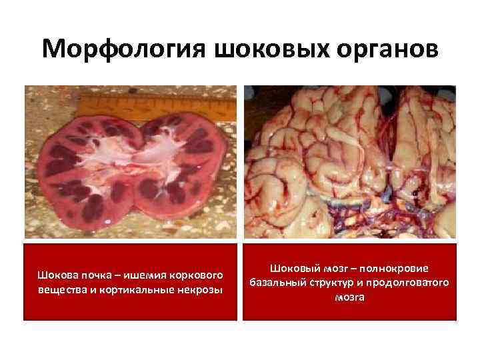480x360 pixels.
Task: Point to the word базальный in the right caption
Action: pos(277,283)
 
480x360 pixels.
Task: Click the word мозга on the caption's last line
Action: pos(349,297)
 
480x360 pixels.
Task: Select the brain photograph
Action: pos(349,162)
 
